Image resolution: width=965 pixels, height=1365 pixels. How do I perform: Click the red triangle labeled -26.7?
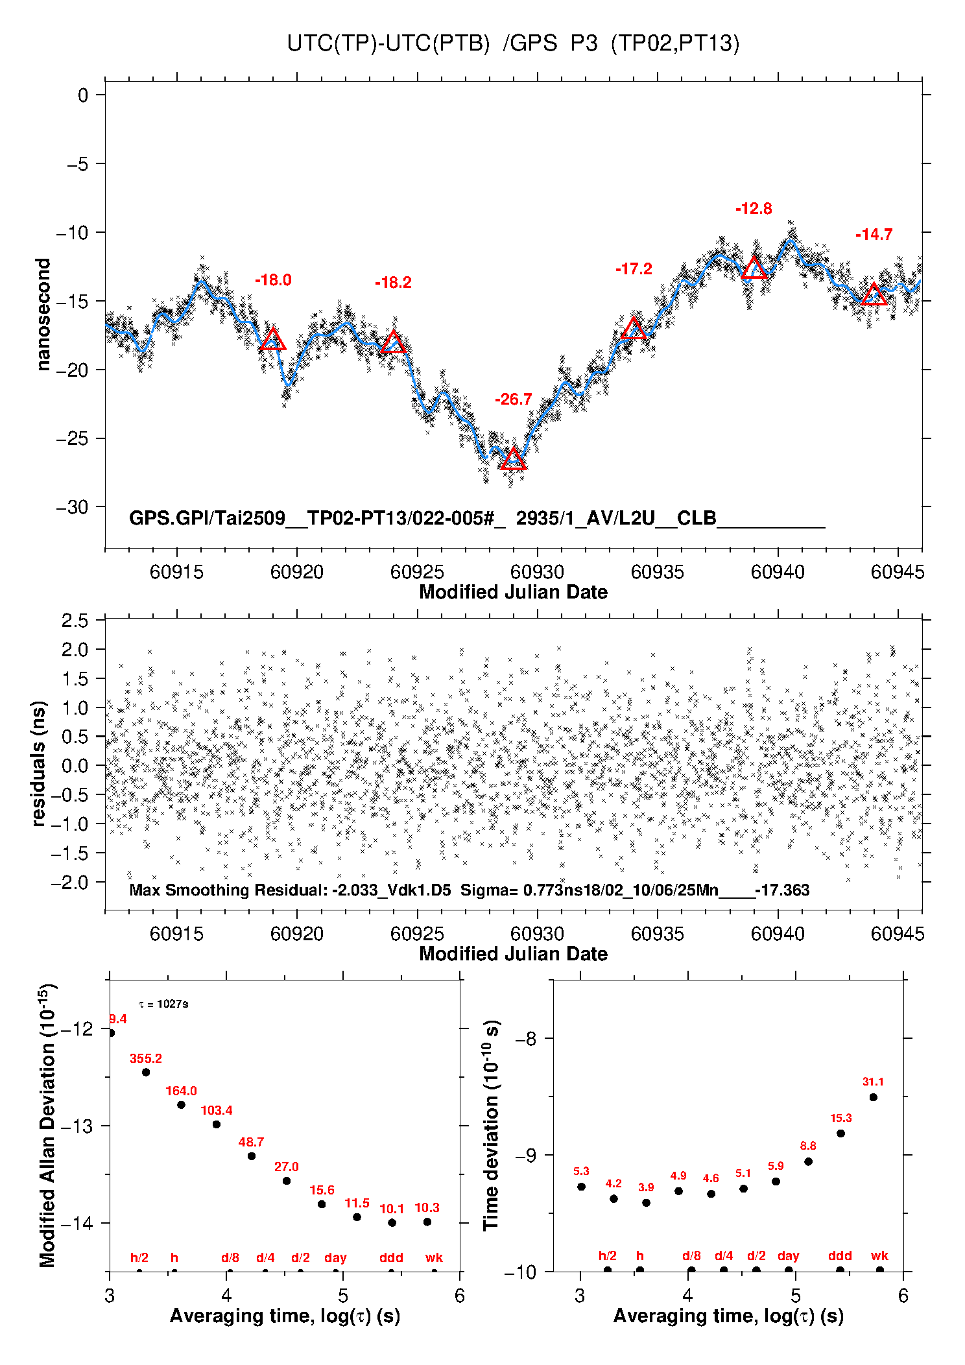tap(513, 460)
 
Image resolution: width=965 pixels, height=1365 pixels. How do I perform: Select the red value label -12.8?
tap(754, 209)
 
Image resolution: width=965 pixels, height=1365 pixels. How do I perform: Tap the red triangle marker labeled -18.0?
tap(272, 340)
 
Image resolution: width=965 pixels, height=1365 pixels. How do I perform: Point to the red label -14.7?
tap(874, 235)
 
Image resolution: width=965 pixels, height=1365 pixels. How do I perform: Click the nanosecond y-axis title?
tap(43, 315)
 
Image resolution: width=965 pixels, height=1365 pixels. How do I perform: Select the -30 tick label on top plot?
tap(72, 507)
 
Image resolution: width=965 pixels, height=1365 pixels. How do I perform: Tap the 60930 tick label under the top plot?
tap(537, 572)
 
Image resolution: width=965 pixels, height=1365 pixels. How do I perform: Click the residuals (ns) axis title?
tap(39, 763)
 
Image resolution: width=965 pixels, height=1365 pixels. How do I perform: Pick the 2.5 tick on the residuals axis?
tap(75, 621)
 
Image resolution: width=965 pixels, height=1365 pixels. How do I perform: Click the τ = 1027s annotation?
tap(163, 1004)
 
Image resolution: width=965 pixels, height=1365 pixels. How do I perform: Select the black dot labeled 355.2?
tap(146, 1072)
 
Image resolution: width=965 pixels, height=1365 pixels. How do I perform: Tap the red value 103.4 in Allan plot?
tap(216, 1110)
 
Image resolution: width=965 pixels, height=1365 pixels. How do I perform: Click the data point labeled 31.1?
tap(874, 1097)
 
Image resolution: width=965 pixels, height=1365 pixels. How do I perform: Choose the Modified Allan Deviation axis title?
tap(47, 1125)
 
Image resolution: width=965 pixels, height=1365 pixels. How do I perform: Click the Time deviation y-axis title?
tap(491, 1125)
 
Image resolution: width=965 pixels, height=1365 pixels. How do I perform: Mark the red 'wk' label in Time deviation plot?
tap(879, 1256)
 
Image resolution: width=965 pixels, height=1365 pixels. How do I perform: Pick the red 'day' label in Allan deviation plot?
tap(335, 1257)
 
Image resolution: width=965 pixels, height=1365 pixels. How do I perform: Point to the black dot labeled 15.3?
tap(840, 1134)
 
